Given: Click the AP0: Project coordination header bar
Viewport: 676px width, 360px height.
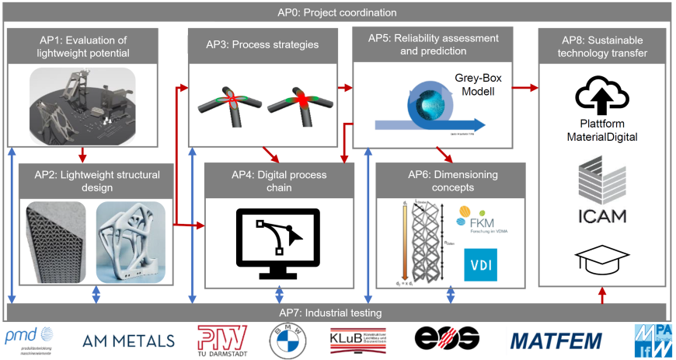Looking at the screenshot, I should pos(337,12).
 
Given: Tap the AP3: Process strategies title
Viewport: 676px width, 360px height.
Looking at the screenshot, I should pos(263,45).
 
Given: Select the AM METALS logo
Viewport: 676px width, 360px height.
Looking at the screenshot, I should pos(129,341).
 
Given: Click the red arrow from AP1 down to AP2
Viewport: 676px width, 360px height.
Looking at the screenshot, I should pos(84,154).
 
